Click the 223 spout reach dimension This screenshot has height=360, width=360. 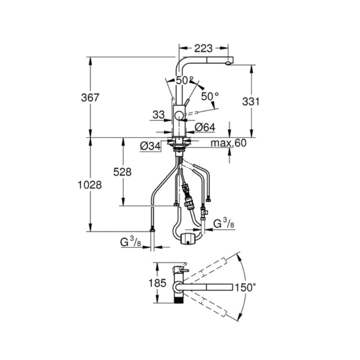tap(203, 48)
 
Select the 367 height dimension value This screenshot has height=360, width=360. tap(90, 98)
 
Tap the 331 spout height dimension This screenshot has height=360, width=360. tap(251, 101)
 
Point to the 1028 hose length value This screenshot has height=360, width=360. tap(90, 185)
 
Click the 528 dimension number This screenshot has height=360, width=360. tap(123, 172)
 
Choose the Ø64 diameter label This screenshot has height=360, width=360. tap(205, 128)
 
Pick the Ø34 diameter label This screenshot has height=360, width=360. tap(150, 146)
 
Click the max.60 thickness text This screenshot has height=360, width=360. tap(228, 143)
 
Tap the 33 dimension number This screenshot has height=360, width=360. tap(159, 115)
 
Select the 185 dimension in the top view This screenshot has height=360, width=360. tap(157, 283)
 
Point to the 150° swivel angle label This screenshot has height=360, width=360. tap(245, 287)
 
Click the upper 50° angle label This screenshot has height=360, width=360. tap(185, 80)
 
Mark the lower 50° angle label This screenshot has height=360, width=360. tap(210, 97)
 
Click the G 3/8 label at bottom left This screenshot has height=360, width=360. tap(131, 242)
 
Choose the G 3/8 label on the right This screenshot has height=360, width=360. tap(224, 223)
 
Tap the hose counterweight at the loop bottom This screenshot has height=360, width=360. tap(188, 239)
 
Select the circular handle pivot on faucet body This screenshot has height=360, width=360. tap(179, 116)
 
